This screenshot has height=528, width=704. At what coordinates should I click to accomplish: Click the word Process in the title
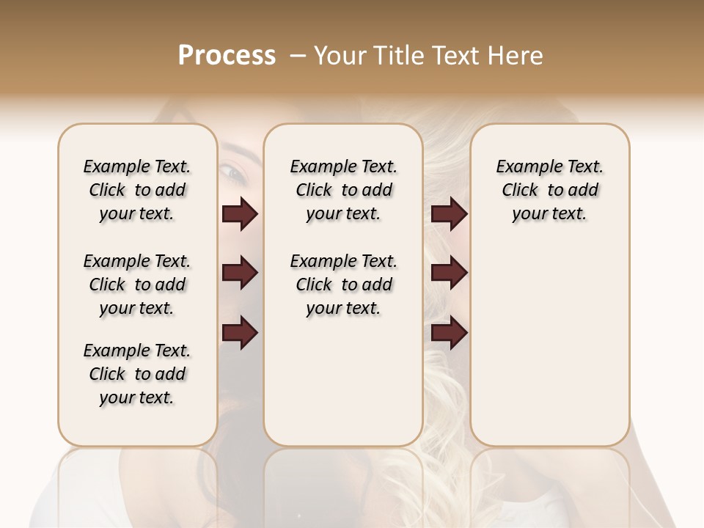click(x=227, y=56)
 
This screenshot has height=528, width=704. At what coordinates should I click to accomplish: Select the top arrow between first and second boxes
click(x=240, y=214)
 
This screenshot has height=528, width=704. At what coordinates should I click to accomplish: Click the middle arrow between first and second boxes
click(x=240, y=274)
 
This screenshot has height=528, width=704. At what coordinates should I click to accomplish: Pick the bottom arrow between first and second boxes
click(x=240, y=333)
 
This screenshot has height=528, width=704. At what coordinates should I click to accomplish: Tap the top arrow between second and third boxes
click(x=449, y=214)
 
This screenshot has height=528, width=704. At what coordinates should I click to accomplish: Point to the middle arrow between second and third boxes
click(x=449, y=274)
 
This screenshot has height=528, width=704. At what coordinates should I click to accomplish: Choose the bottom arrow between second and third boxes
click(x=449, y=333)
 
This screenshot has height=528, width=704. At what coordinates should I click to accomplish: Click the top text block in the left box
click(x=137, y=190)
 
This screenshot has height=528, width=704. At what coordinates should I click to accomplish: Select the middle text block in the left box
click(x=137, y=285)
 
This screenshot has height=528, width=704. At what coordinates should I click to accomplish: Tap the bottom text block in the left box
click(x=137, y=374)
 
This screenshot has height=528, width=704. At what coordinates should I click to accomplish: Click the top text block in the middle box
click(x=343, y=190)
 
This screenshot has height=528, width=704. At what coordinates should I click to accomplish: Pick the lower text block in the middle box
click(x=343, y=285)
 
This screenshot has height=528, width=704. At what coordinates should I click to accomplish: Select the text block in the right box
click(x=549, y=190)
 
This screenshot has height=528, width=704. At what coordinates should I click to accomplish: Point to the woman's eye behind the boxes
click(x=234, y=173)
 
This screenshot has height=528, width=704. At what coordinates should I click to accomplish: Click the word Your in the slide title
click(x=340, y=56)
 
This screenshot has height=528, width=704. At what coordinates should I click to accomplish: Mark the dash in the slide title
click(x=298, y=56)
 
